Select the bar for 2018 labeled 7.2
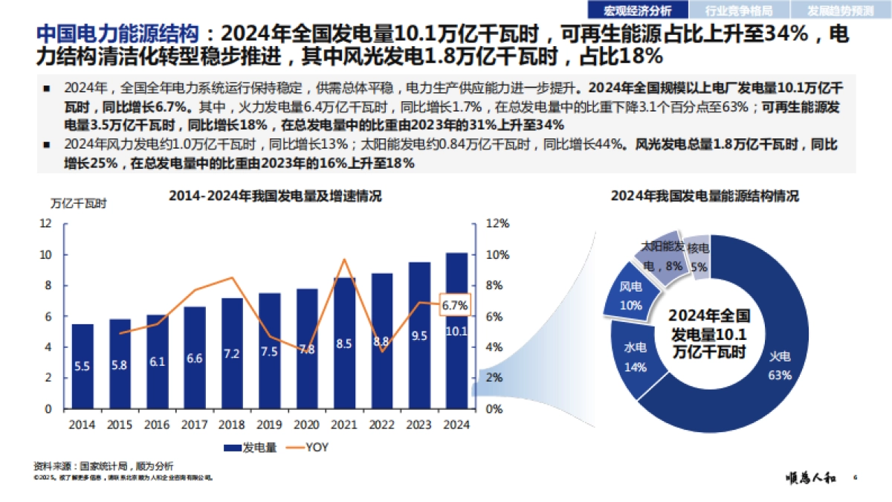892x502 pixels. (x=232, y=353)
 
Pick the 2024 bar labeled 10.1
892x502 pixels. (x=456, y=331)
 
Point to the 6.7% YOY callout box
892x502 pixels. (x=454, y=305)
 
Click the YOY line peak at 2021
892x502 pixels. (x=344, y=260)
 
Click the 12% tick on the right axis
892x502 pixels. (x=497, y=223)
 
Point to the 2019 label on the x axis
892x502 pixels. (x=269, y=425)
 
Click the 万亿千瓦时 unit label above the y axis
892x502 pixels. (x=78, y=203)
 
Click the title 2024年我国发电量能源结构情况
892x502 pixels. (x=705, y=196)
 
